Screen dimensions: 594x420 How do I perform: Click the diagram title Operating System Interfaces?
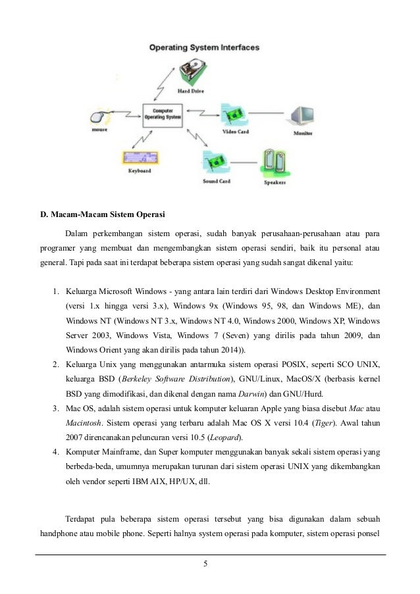(203, 47)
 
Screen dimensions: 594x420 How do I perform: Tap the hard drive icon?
(192, 72)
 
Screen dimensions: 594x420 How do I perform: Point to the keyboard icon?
(140, 157)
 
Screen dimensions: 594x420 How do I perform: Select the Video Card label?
(234, 132)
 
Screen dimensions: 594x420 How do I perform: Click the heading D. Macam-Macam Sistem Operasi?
(103, 214)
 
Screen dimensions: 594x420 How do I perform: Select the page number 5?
(206, 564)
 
